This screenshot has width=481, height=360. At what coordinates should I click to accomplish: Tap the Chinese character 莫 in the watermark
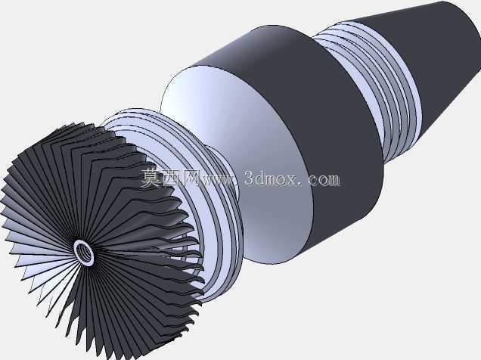point(151,178)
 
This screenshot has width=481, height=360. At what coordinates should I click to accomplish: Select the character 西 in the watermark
point(171,178)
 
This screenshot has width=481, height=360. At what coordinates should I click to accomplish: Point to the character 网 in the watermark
point(191,178)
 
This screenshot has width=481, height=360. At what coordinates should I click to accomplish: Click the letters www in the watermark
point(219,180)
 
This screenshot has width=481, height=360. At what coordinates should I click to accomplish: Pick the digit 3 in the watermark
point(251,178)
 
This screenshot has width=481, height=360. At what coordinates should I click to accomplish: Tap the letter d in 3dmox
point(264,178)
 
